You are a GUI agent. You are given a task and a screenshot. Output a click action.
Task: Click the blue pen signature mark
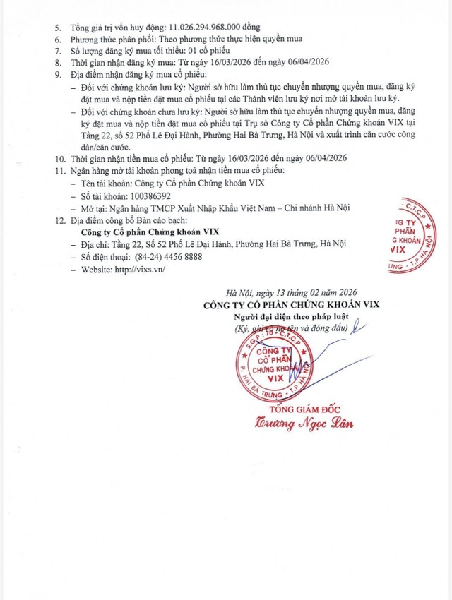[x=359, y=327]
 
